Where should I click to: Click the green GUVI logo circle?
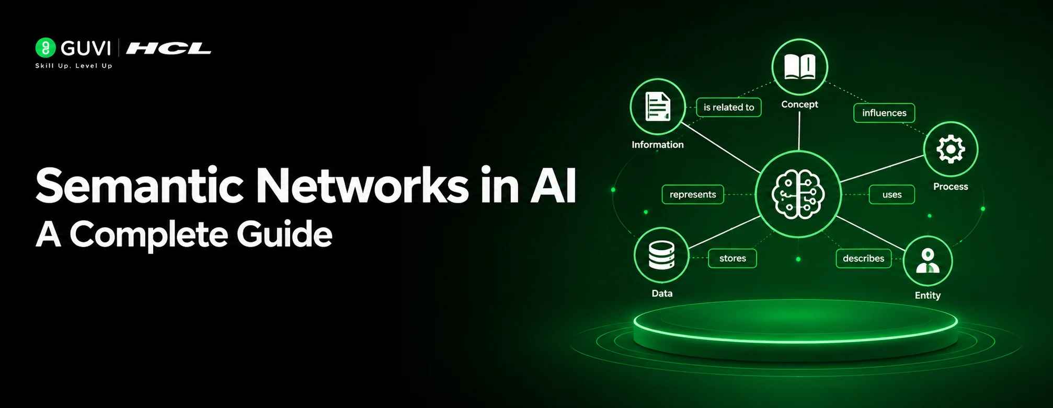tap(45, 48)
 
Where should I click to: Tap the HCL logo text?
tap(168, 49)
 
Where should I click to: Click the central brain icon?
tap(798, 194)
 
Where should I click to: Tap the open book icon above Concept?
tap(799, 67)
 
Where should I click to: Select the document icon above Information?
tap(658, 107)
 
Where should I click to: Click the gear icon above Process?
tap(951, 149)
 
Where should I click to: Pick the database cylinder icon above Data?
tap(661, 255)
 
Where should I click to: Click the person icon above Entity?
tap(928, 261)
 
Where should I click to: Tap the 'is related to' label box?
tap(728, 107)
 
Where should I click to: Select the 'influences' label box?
tap(884, 113)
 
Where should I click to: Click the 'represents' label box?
tap(693, 194)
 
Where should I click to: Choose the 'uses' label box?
tap(892, 194)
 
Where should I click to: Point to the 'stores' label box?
tap(732, 258)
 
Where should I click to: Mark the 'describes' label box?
tap(864, 258)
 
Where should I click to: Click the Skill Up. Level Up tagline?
tap(74, 66)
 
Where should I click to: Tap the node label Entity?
tap(928, 295)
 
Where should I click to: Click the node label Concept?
tap(799, 104)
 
